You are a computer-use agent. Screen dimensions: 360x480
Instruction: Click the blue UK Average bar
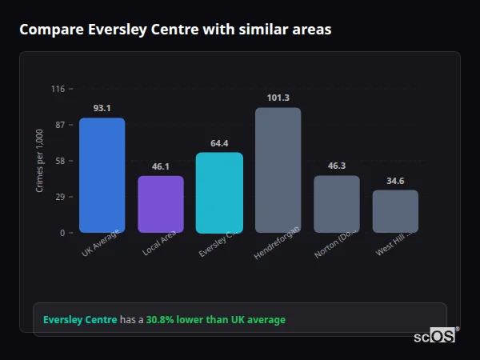pos(102,175)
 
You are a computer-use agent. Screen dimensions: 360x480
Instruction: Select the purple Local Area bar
pos(161,204)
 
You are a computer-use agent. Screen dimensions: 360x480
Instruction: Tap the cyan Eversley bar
pos(219,193)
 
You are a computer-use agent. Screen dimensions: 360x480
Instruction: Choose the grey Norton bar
pos(336,204)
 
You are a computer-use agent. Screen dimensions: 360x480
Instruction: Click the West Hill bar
pos(395,211)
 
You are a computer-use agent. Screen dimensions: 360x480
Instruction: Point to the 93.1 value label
pos(102,108)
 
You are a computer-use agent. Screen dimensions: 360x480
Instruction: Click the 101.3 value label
pos(278,98)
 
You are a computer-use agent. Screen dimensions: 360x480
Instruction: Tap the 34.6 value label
pos(395,181)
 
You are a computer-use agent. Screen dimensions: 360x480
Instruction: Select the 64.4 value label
pos(219,143)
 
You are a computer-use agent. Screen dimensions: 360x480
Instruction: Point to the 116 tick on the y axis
pos(58,89)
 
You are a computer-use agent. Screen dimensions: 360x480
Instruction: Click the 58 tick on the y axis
pos(59,161)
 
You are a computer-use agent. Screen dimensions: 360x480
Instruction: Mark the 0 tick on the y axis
pos(62,233)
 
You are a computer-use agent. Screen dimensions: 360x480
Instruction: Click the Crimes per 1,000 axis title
pos(39,161)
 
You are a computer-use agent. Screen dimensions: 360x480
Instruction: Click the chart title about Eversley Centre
pos(175,30)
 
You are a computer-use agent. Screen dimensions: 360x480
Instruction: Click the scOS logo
pos(434,336)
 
